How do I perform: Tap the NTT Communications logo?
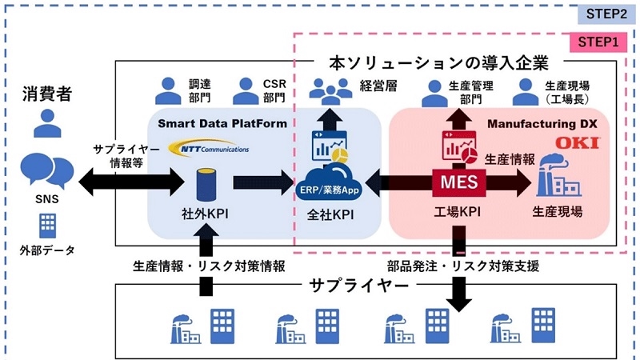(x=210, y=148)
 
